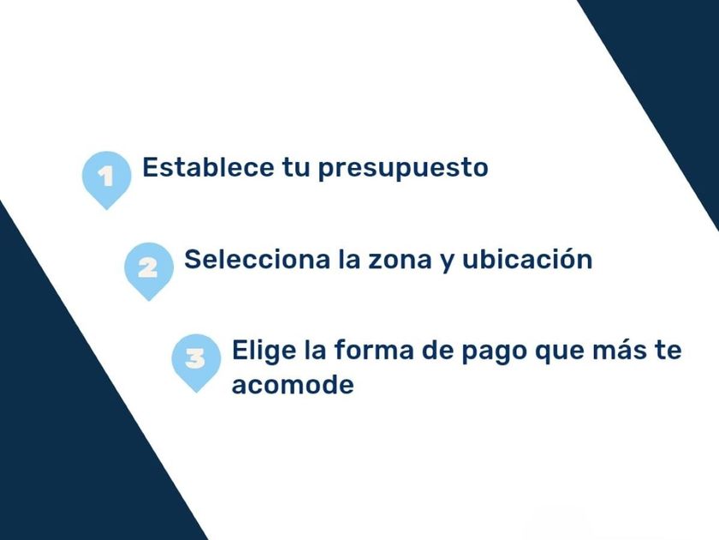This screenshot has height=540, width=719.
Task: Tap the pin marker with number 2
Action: (149, 269)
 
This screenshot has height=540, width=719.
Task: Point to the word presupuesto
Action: (403, 169)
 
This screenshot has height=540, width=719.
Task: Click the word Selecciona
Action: (258, 259)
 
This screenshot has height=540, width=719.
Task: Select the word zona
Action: (400, 261)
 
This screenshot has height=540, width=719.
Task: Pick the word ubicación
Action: (527, 259)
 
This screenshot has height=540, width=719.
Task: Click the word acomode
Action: (293, 384)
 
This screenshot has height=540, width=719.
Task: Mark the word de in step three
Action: (437, 350)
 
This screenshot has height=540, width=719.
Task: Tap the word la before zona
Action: (349, 259)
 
